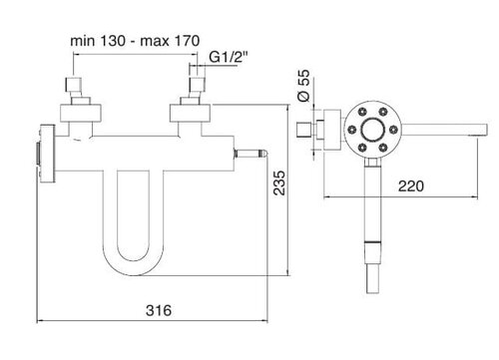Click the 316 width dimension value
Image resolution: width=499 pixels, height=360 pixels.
click(159, 310)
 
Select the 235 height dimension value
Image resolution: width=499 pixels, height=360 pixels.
click(279, 182)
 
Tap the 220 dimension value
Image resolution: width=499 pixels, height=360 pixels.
click(411, 186)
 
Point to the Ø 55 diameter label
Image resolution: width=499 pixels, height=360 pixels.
click(303, 85)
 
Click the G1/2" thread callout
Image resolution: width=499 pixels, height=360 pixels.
click(229, 57)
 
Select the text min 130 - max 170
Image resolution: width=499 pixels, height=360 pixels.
click(135, 41)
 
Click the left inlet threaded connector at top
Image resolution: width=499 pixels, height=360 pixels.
click(73, 85)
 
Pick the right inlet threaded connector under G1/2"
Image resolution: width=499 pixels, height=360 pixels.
click(197, 85)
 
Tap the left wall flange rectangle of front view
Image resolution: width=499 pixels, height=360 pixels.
click(80, 113)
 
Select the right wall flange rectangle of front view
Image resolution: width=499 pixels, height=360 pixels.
click(190, 113)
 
